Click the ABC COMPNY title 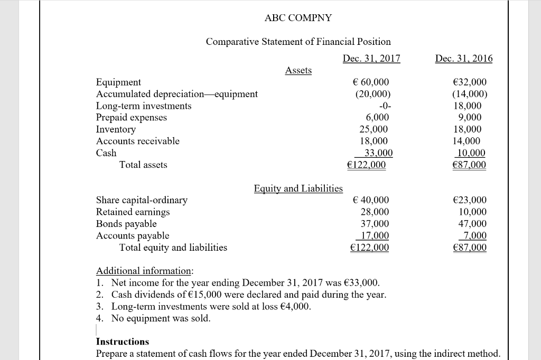tap(299, 18)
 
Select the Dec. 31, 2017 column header tap(371, 58)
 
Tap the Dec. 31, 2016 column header tap(463, 58)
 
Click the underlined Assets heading tap(299, 70)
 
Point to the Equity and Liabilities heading tap(298, 188)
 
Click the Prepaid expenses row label tap(131, 118)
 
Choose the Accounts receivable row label tap(137, 141)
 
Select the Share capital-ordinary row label tap(142, 200)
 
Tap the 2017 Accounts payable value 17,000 tap(374, 235)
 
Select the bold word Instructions tap(123, 342)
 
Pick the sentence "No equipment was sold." tap(161, 318)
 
